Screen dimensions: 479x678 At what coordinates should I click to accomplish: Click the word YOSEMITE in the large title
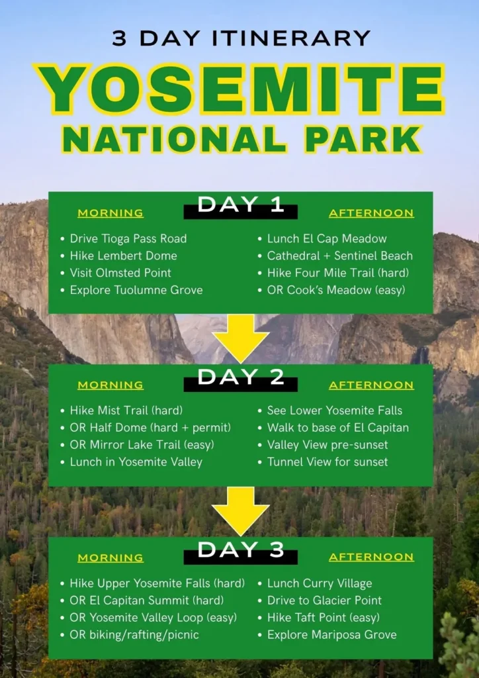click(241, 89)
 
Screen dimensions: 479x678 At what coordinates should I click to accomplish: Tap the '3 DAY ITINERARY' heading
click(241, 38)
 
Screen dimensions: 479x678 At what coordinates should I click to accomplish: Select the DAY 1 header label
click(241, 205)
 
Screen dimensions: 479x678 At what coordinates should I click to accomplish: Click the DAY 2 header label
click(241, 377)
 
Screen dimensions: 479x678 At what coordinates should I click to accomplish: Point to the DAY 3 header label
click(241, 550)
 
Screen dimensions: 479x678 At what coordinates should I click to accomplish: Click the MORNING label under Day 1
click(110, 213)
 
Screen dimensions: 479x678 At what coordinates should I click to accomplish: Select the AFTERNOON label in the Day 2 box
click(371, 385)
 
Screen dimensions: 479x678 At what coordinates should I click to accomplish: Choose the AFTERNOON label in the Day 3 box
click(371, 557)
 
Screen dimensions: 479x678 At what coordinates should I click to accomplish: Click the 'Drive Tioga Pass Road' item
click(128, 238)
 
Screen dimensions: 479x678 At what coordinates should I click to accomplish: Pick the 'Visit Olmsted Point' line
click(120, 273)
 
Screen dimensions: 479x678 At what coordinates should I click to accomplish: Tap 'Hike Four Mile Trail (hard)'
click(338, 273)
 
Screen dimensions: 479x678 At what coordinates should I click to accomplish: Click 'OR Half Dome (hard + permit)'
click(150, 428)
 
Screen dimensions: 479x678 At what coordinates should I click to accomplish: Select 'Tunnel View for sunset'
click(327, 461)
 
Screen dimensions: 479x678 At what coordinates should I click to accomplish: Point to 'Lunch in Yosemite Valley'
click(136, 461)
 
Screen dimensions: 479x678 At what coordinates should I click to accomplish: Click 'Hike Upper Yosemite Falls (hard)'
click(157, 583)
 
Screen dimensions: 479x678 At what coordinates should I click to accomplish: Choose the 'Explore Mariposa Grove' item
click(331, 635)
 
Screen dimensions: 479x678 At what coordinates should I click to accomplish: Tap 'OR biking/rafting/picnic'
click(134, 635)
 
